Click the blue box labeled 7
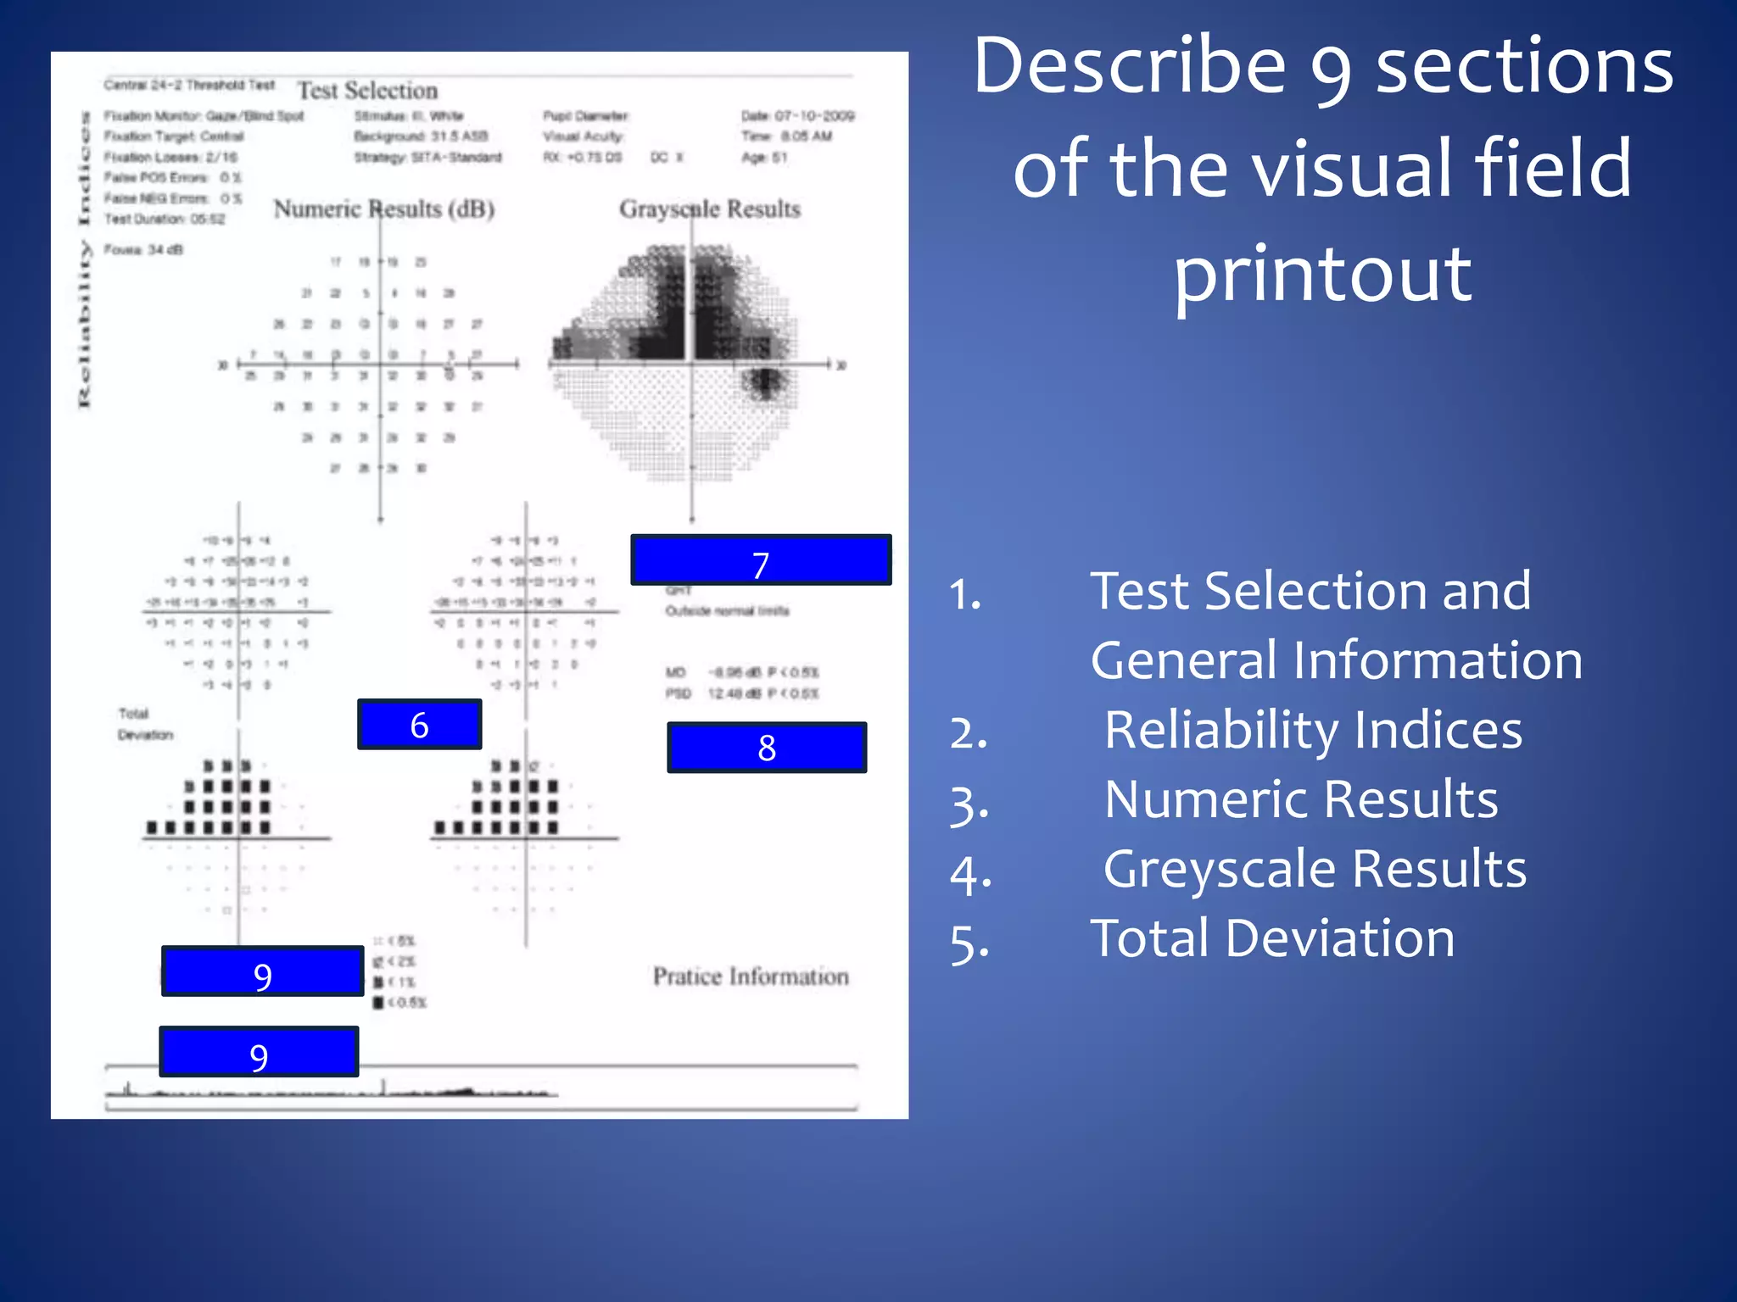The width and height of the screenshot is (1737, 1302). (761, 560)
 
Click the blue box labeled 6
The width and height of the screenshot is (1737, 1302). (419, 725)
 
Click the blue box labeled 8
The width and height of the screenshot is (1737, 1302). (767, 748)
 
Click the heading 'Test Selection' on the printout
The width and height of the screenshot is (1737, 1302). (367, 91)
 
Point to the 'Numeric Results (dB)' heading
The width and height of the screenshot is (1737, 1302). (384, 209)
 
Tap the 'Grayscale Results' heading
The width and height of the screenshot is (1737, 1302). (709, 209)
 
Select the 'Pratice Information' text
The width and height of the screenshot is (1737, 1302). (751, 976)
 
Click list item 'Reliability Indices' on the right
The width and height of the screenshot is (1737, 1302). (1313, 730)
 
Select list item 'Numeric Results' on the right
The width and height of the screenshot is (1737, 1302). (1301, 799)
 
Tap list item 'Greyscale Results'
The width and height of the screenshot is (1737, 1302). (1315, 869)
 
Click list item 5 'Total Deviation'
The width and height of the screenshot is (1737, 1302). (1272, 938)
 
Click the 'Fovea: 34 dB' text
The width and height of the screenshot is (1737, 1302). (143, 249)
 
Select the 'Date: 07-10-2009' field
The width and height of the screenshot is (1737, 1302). (797, 116)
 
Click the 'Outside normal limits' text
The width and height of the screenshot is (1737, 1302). (727, 611)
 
